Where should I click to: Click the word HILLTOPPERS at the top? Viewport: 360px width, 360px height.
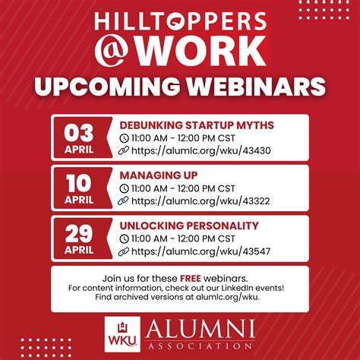pos(179,21)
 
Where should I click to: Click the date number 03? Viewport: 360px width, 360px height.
pos(78,131)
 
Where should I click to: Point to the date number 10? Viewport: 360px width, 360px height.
pos(78,182)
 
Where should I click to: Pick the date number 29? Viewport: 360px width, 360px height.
pos(78,232)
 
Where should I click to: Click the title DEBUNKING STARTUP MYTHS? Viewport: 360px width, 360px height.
pos(197,125)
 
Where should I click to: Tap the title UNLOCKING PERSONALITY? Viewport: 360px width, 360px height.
pos(189,226)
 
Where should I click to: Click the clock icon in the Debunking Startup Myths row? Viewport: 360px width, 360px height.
pos(125,137)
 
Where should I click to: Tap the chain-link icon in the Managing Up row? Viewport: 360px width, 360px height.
pos(125,201)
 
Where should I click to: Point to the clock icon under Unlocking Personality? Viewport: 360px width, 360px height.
pos(125,238)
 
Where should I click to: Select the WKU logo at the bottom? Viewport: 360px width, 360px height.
pos(118,334)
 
